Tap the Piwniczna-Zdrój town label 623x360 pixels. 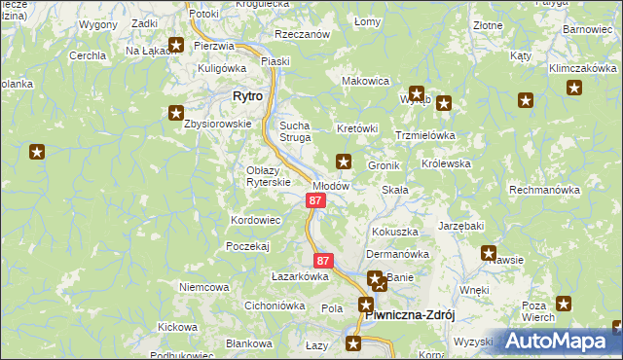click(409, 315)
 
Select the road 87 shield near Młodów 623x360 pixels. click(314, 200)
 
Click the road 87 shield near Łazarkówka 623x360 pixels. click(324, 261)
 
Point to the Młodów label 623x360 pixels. click(330, 185)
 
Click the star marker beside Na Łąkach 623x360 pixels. click(176, 44)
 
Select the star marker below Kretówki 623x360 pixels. click(343, 161)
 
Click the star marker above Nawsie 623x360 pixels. click(489, 253)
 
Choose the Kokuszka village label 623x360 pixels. click(394, 233)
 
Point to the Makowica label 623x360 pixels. click(365, 81)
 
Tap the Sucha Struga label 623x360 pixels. click(295, 131)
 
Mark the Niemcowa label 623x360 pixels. click(203, 287)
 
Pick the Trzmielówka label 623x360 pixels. click(425, 135)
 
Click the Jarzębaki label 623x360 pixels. click(460, 226)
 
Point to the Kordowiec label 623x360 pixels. click(255, 221)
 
